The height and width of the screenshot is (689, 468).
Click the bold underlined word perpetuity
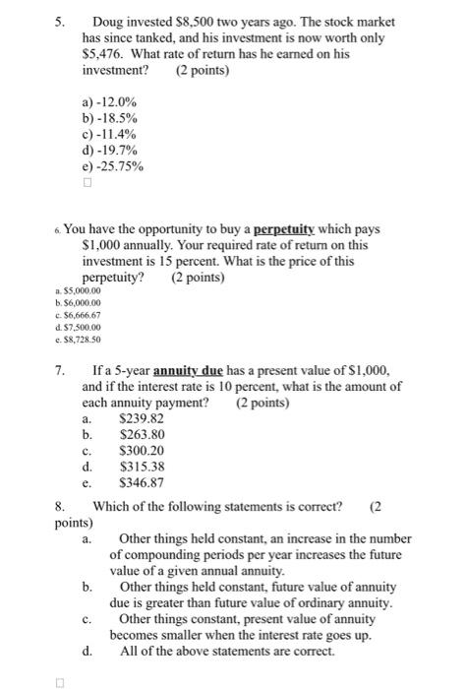click(x=290, y=229)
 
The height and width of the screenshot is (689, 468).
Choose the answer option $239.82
click(x=141, y=417)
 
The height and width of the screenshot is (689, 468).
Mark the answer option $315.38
click(x=141, y=467)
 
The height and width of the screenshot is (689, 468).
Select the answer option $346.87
click(x=141, y=483)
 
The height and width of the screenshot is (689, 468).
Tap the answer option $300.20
click(x=141, y=451)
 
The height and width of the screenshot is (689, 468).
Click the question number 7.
click(x=60, y=371)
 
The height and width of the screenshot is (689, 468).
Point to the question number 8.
click(x=60, y=507)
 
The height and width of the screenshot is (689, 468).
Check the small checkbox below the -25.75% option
click(x=88, y=182)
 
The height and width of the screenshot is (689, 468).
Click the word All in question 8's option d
click(x=129, y=654)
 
